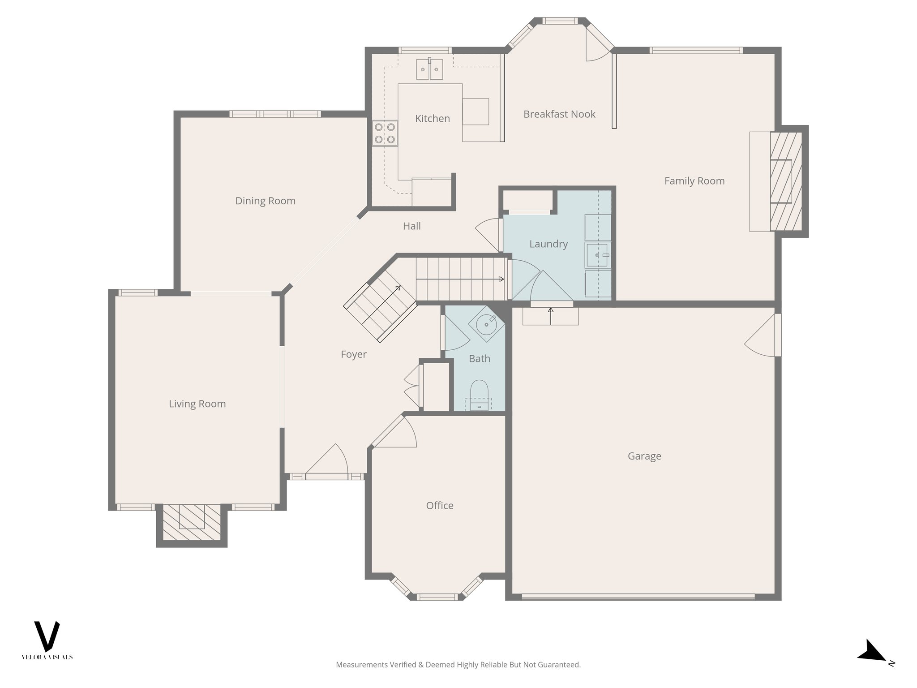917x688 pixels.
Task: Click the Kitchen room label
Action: (432, 119)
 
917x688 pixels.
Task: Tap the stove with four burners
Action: (385, 133)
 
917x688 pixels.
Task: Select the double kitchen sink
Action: (429, 69)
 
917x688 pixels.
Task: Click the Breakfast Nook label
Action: (559, 114)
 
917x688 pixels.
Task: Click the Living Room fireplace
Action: (192, 522)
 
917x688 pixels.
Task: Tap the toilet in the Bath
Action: (479, 392)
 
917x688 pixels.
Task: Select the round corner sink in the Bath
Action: (486, 324)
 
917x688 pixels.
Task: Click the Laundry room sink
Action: (597, 255)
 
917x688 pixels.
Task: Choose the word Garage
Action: (644, 456)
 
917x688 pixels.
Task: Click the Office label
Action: (439, 506)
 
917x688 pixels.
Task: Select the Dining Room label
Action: (265, 201)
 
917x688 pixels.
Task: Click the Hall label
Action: (411, 226)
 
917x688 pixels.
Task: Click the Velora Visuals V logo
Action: (47, 636)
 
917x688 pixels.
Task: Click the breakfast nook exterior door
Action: (598, 45)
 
